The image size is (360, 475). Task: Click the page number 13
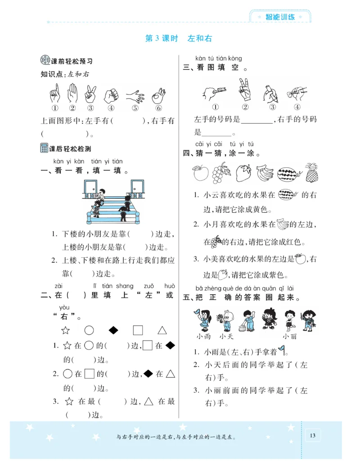(x=313, y=435)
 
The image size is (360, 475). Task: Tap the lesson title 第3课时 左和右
(x=178, y=39)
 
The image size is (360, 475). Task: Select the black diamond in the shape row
(x=113, y=330)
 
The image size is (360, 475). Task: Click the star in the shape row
(x=66, y=331)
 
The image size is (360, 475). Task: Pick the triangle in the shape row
(x=162, y=330)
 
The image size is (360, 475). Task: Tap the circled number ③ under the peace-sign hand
(x=91, y=108)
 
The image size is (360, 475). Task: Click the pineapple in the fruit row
(x=311, y=173)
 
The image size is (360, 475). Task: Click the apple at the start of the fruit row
(x=198, y=173)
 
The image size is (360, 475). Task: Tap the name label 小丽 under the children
(x=289, y=336)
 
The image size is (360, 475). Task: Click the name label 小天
(x=225, y=336)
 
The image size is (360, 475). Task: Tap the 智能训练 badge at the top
(x=280, y=17)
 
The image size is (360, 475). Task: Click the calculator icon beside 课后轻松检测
(x=44, y=148)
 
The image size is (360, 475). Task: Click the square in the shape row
(x=138, y=330)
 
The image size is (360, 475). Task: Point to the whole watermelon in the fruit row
(x=287, y=173)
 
